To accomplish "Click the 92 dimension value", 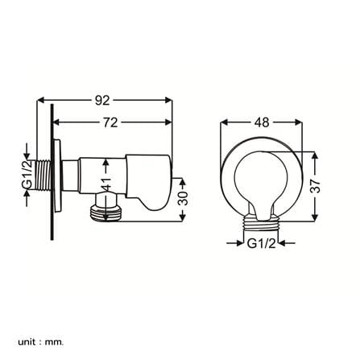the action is pyautogui.click(x=102, y=101).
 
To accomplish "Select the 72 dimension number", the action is pyautogui.click(x=110, y=122).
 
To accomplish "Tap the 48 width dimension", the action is pyautogui.click(x=262, y=122).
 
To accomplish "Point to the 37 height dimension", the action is pyautogui.click(x=316, y=186).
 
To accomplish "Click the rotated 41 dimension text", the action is pyautogui.click(x=106, y=184).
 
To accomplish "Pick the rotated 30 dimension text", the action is pyautogui.click(x=183, y=198).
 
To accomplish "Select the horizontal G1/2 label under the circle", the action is pyautogui.click(x=261, y=244).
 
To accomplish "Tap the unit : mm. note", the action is pyautogui.click(x=41, y=334).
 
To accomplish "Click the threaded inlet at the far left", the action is pyautogui.click(x=43, y=176).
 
